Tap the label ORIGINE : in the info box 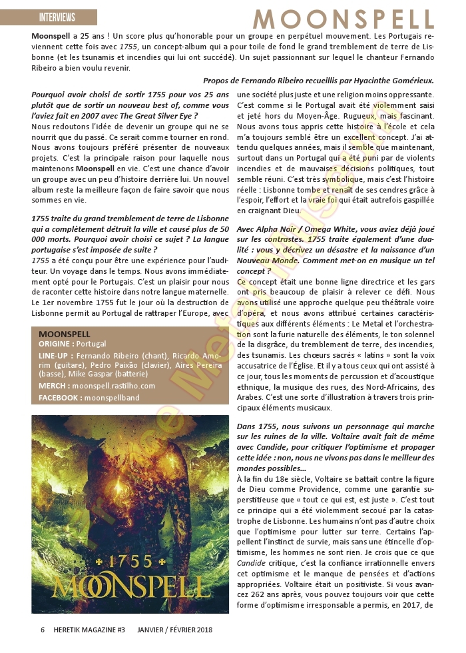point(57,344)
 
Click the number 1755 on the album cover point(130,560)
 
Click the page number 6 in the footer point(43,629)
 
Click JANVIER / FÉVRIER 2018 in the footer point(175,629)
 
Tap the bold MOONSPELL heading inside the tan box point(64,333)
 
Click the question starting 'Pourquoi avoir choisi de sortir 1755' point(130,106)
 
